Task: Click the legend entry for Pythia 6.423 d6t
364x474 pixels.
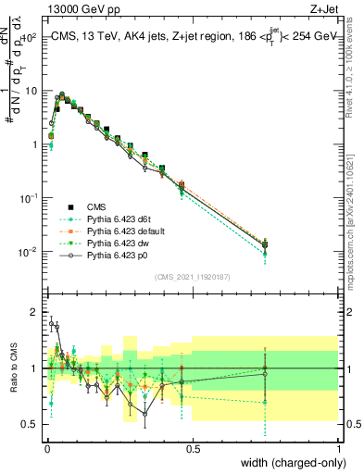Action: click(x=119, y=218)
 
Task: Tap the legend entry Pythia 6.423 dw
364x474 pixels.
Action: click(x=117, y=242)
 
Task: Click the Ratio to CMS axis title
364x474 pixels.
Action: click(x=12, y=368)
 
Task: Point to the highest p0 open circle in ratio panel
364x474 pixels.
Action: click(x=51, y=324)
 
